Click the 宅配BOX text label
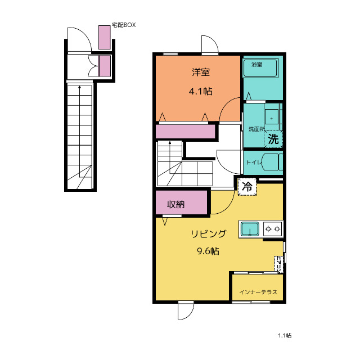pos(124,25)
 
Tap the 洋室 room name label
pos(201,73)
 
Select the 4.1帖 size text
pos(201,91)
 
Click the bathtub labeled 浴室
pos(260,67)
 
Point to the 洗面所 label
pos(256,129)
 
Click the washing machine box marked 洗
pos(273,139)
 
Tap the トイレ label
pos(254,163)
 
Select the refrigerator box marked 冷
pos(247,187)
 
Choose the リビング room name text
pos(209,234)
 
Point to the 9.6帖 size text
pos(208,251)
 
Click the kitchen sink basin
pos(250,229)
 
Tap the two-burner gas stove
pos(273,229)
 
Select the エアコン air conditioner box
pos(279,264)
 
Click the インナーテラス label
pos(258,292)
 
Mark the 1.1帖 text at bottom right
pos(285,336)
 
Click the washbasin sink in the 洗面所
pos(272,117)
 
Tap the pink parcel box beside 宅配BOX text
pos(105,37)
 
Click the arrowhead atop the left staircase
pos(80,87)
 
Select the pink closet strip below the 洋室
pos(185,132)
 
